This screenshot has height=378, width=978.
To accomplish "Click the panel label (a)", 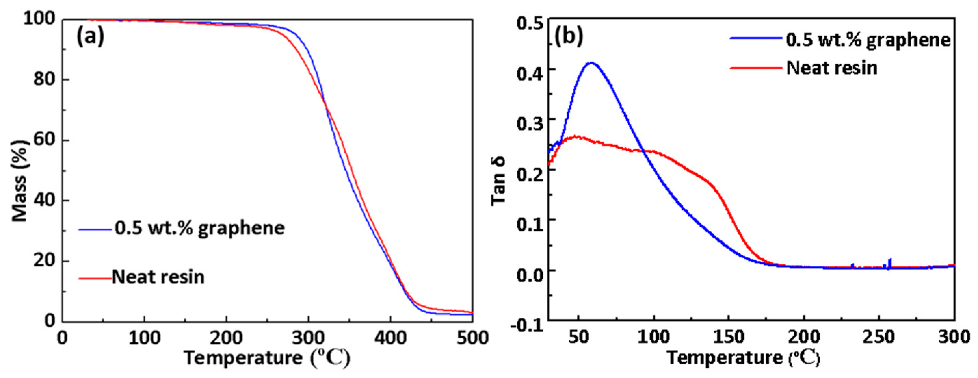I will point(90,37).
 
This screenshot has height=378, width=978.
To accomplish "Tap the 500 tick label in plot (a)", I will point(472,337).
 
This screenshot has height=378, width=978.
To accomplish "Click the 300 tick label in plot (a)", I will point(308,337).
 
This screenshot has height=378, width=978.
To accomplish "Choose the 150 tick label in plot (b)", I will point(728,337).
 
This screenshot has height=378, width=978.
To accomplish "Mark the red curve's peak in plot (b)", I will point(577,136).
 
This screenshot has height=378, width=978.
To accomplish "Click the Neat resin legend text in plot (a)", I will point(158,277).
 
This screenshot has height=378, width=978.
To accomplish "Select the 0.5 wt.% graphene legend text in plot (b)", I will point(868,41).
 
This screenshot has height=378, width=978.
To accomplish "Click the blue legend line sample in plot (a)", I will point(95,229).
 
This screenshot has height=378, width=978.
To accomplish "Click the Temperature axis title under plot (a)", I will point(267,358).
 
